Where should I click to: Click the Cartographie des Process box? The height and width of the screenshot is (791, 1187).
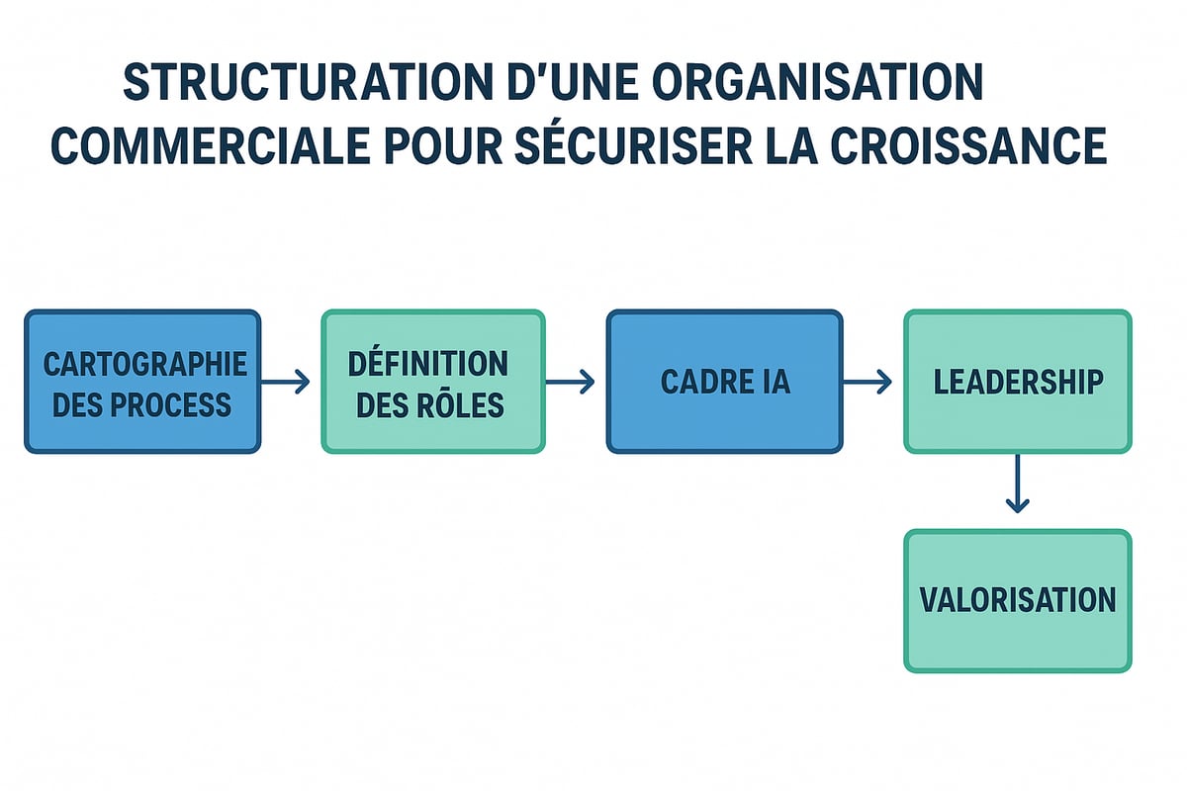click(x=142, y=382)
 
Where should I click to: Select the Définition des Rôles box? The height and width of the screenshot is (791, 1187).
click(x=432, y=382)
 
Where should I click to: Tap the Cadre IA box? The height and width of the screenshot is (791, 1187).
click(x=724, y=382)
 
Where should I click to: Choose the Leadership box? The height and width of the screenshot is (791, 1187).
click(x=1018, y=382)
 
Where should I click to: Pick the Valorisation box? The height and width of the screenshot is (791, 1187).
click(x=1018, y=600)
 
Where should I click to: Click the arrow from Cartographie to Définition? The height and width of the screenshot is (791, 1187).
click(x=287, y=382)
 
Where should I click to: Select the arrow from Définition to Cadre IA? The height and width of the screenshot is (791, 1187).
click(x=571, y=382)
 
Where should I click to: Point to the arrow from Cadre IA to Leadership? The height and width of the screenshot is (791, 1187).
click(x=867, y=382)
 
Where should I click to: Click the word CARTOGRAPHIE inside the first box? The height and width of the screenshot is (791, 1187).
click(x=144, y=363)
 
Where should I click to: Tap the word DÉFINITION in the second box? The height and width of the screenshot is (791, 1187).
click(x=428, y=363)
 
